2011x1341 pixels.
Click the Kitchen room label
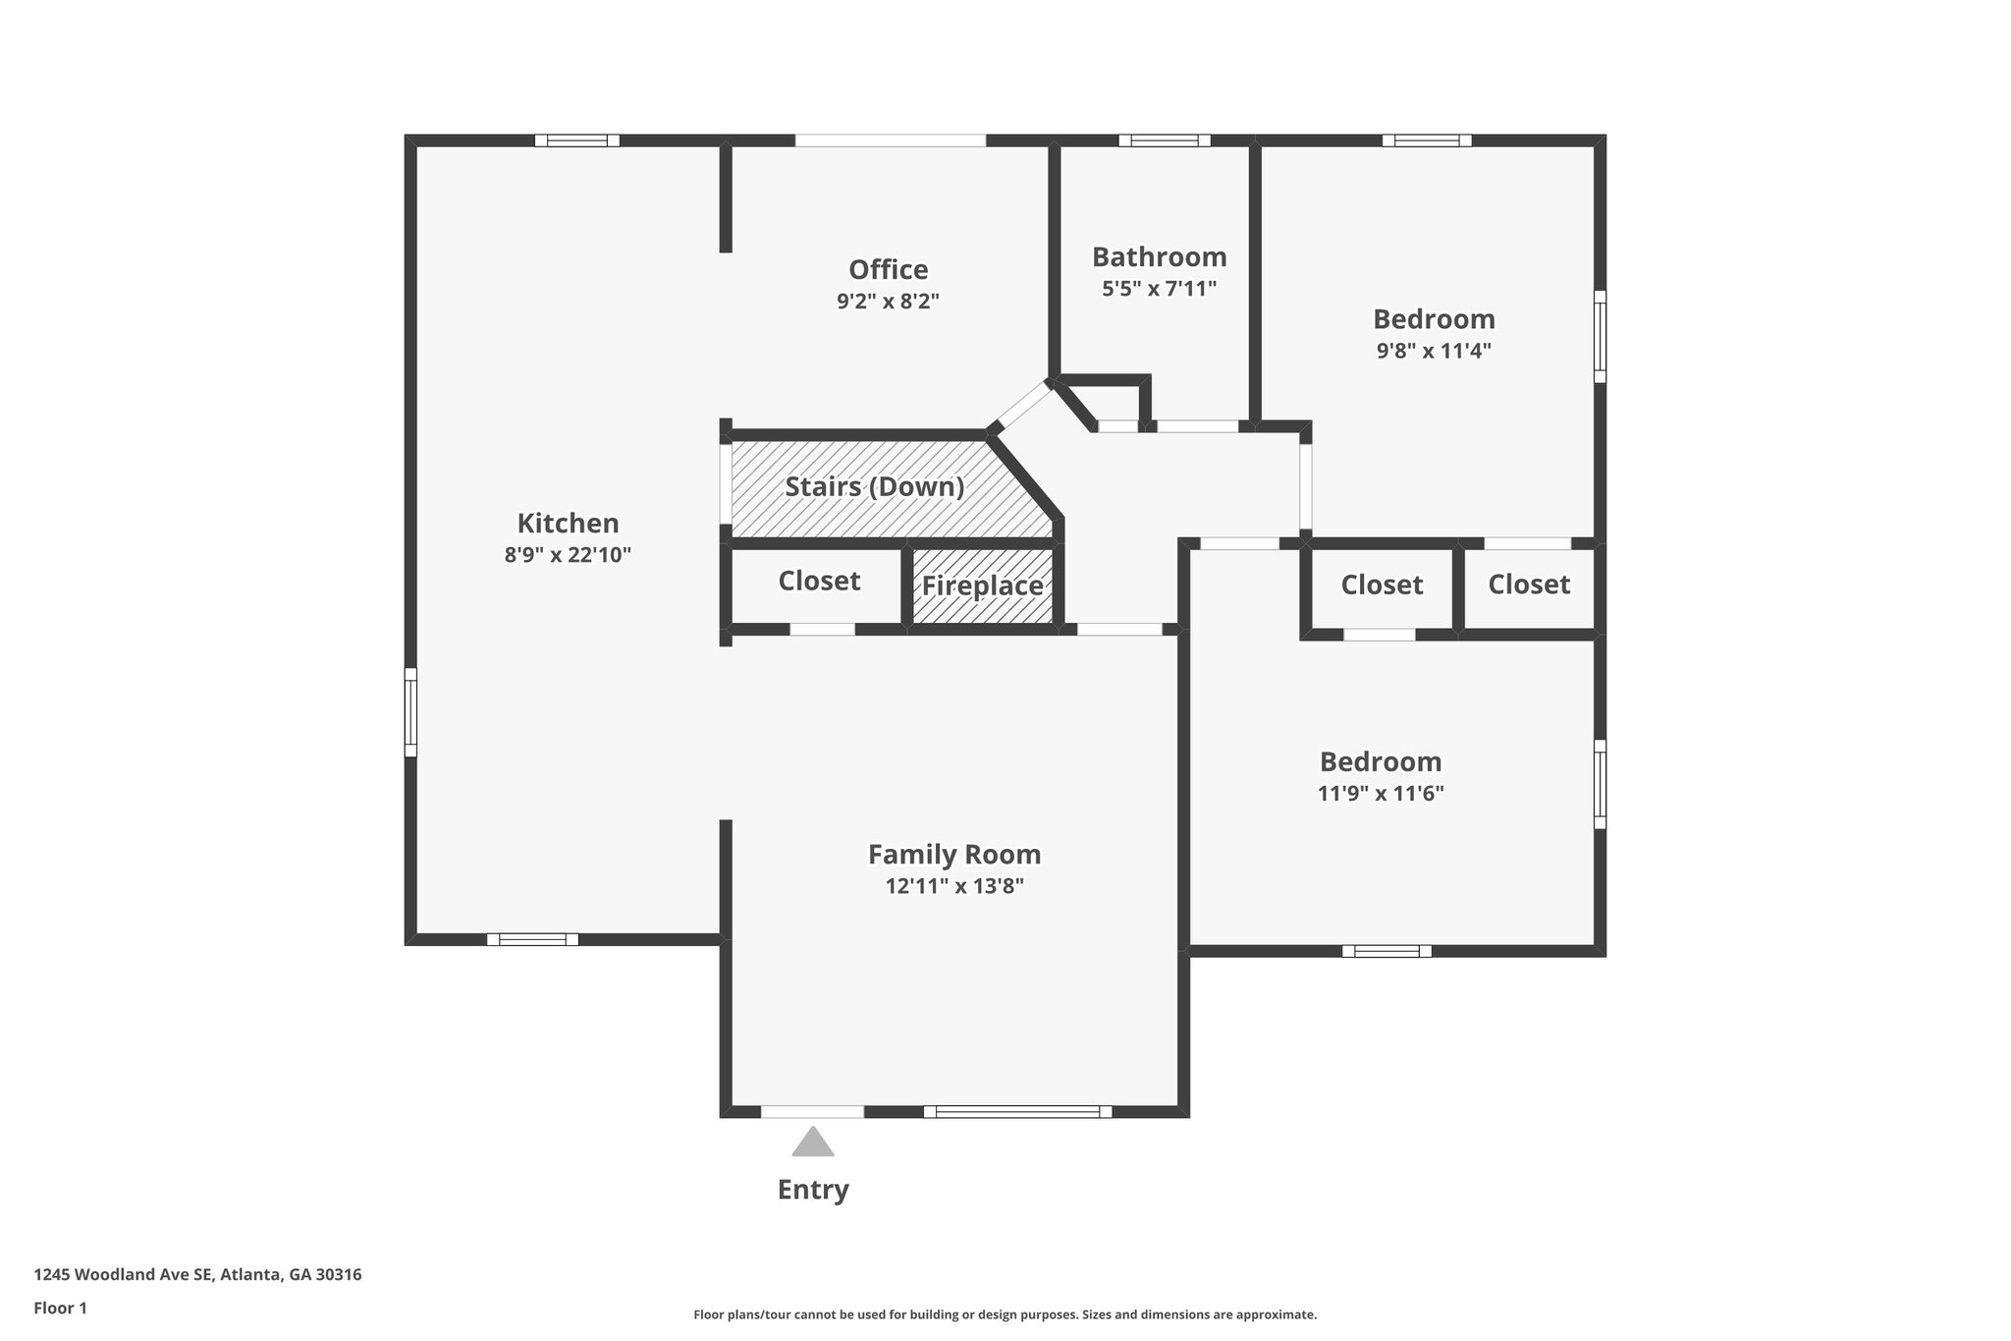(x=568, y=523)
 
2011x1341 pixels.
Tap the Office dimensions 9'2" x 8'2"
(x=888, y=302)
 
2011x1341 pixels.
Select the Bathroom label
(x=1159, y=257)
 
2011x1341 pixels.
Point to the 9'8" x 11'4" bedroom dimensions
(x=1434, y=351)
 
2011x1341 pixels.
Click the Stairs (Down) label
(x=874, y=487)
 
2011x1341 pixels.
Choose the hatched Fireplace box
(x=982, y=587)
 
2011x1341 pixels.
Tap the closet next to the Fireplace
(x=819, y=582)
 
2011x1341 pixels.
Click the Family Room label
(x=953, y=855)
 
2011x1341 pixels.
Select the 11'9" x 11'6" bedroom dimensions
(x=1380, y=794)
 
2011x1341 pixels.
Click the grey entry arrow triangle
(x=813, y=1143)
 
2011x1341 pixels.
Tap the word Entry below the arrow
(x=813, y=1190)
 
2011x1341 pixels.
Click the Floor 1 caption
(x=60, y=1308)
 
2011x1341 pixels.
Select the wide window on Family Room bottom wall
(x=1017, y=1112)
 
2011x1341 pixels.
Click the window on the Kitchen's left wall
(x=410, y=712)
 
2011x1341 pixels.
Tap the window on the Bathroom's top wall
(x=1164, y=140)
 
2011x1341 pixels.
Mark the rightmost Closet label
(x=1528, y=585)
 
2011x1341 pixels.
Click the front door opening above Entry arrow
(x=812, y=1112)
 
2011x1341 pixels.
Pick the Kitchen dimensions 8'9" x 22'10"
(x=568, y=555)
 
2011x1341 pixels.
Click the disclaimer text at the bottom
(x=1005, y=1314)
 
